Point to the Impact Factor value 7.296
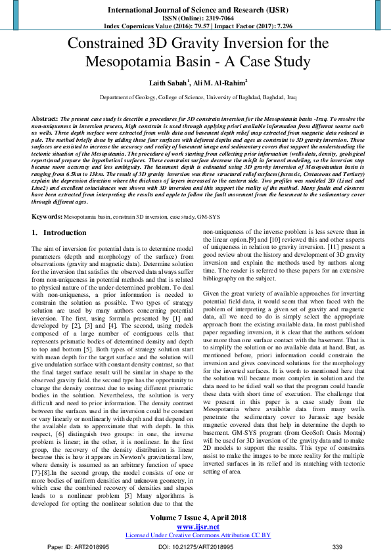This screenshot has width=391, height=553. pos(276,27)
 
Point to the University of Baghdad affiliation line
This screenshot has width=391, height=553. pos(197,97)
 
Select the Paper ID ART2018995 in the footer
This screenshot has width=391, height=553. pos(81,546)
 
